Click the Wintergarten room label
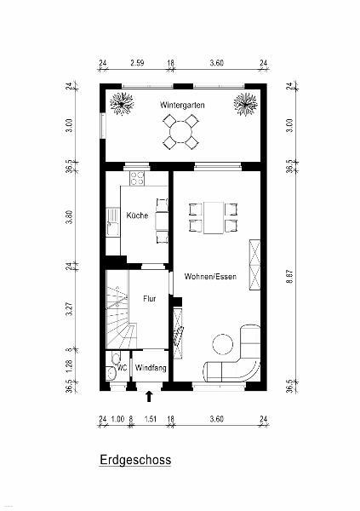click(x=182, y=106)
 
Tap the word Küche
click(x=137, y=215)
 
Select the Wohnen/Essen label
click(x=210, y=276)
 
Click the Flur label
click(x=150, y=299)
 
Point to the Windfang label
click(x=151, y=368)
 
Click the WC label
click(x=123, y=368)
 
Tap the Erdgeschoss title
click(x=135, y=460)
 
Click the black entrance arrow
click(x=149, y=396)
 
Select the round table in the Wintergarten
click(x=181, y=132)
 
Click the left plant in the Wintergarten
click(x=122, y=104)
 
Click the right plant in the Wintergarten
click(x=245, y=104)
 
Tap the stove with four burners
click(x=137, y=178)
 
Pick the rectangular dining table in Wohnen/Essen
click(x=214, y=218)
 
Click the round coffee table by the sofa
click(x=223, y=344)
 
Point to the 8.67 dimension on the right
click(x=290, y=276)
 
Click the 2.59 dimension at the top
click(x=137, y=63)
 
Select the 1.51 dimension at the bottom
click(x=150, y=419)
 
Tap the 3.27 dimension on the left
click(x=69, y=309)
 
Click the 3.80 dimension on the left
click(x=69, y=217)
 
